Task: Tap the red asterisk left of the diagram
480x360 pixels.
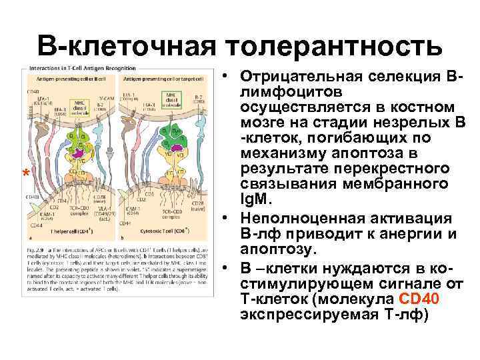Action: click(x=25, y=175)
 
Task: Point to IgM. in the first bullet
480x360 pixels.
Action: click(x=257, y=197)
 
